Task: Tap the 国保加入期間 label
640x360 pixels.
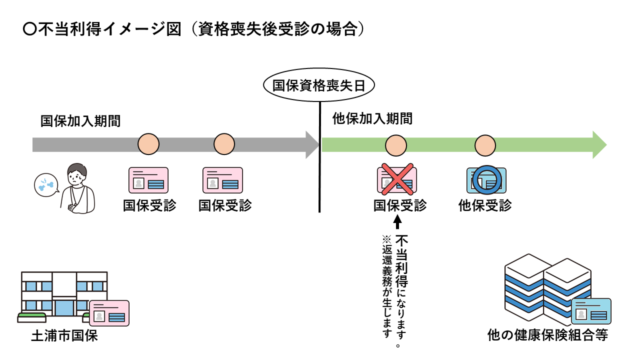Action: [x=80, y=121]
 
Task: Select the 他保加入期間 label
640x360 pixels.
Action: [x=372, y=119]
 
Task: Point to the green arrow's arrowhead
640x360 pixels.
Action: [x=600, y=145]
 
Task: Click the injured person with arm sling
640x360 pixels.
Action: [x=77, y=188]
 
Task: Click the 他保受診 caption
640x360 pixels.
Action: [x=485, y=205]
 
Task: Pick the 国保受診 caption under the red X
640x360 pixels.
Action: [x=400, y=205]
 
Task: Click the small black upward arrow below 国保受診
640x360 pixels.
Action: [x=398, y=221]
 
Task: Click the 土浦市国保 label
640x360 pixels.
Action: [x=64, y=336]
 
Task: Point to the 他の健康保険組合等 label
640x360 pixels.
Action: [x=547, y=335]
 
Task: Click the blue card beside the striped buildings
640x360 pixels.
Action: [x=591, y=311]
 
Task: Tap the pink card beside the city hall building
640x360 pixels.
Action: [x=109, y=313]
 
